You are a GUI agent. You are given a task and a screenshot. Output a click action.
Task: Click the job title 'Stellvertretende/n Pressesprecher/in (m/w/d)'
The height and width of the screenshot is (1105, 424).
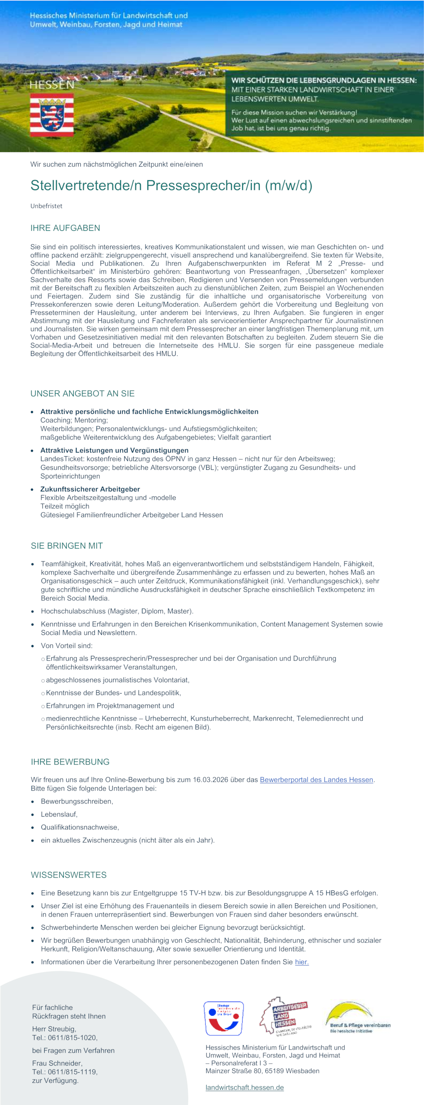click(x=171, y=185)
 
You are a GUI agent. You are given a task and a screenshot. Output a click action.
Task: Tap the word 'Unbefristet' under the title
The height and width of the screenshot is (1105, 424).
click(x=46, y=206)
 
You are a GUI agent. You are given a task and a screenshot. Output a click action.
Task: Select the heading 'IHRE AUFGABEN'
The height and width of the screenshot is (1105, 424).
click(x=65, y=228)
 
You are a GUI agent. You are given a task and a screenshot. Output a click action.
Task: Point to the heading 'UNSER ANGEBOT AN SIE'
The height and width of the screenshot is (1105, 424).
click(x=82, y=393)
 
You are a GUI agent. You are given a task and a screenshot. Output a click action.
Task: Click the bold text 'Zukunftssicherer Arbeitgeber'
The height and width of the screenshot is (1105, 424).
click(x=90, y=489)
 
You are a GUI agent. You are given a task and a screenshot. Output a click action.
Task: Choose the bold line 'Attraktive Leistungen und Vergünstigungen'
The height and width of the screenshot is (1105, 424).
click(x=114, y=450)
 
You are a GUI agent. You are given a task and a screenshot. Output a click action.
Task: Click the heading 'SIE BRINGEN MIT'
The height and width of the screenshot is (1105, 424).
click(x=67, y=546)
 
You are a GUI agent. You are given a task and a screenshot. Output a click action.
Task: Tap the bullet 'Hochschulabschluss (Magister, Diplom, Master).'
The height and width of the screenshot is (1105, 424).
click(x=117, y=611)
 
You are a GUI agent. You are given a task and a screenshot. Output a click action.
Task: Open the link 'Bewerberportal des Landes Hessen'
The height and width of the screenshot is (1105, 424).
click(x=316, y=780)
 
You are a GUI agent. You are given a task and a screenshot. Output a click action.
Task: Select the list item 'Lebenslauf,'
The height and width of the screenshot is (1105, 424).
click(x=59, y=814)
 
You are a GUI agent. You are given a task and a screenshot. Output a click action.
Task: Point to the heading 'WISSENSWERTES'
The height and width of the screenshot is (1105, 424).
click(x=69, y=875)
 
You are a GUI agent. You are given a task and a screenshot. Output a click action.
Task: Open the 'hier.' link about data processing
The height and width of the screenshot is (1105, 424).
click(x=302, y=962)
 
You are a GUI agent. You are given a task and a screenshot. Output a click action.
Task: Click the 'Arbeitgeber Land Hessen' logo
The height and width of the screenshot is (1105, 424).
click(x=284, y=1016)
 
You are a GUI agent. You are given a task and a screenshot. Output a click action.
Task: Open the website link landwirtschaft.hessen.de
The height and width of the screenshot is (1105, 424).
click(x=244, y=1088)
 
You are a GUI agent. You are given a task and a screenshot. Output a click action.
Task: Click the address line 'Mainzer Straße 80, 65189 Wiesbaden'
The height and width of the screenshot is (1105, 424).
click(x=263, y=1071)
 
